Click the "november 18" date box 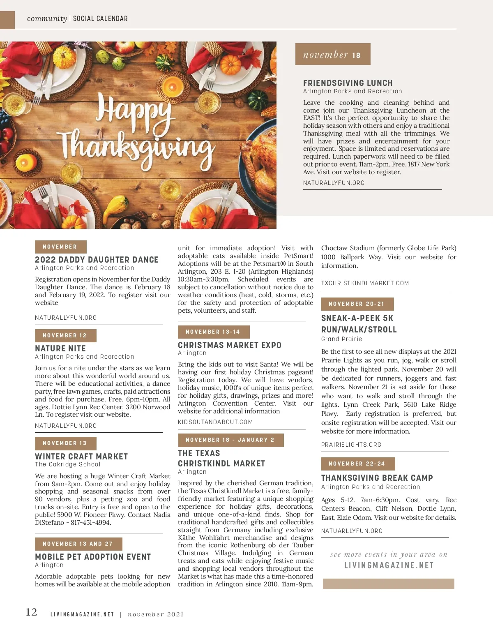(x=332, y=54)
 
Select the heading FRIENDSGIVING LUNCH (x=348, y=83)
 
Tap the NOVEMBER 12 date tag (x=65, y=335)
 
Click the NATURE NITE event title (x=60, y=348)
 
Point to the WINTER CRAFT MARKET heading (x=81, y=457)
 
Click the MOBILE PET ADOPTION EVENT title (x=93, y=557)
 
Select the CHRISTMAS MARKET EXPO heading (x=230, y=345)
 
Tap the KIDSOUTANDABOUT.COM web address (x=215, y=422)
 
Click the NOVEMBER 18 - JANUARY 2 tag (x=230, y=440)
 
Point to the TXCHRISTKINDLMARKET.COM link (x=365, y=283)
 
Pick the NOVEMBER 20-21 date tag (x=357, y=304)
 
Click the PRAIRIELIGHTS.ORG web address (x=351, y=445)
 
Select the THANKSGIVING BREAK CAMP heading (x=377, y=478)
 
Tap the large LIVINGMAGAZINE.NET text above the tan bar (x=389, y=565)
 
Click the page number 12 (x=32, y=612)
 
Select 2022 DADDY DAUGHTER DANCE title (x=97, y=260)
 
